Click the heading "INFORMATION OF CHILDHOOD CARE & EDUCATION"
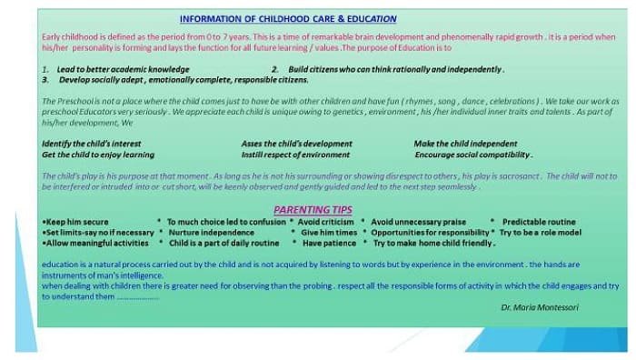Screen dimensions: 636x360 287,18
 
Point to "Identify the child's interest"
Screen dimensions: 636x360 93,144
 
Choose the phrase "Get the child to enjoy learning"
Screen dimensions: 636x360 97,155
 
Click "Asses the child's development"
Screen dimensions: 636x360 296,144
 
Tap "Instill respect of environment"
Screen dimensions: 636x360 295,155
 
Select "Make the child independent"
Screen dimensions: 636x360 465,144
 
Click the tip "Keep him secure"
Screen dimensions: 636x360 76,222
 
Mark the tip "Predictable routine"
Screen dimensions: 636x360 538,222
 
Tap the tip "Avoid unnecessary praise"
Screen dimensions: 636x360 418,222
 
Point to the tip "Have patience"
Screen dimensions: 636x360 330,244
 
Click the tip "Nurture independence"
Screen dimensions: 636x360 211,233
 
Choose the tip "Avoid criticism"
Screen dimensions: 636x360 325,222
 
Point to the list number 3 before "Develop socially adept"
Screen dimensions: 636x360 45,79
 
